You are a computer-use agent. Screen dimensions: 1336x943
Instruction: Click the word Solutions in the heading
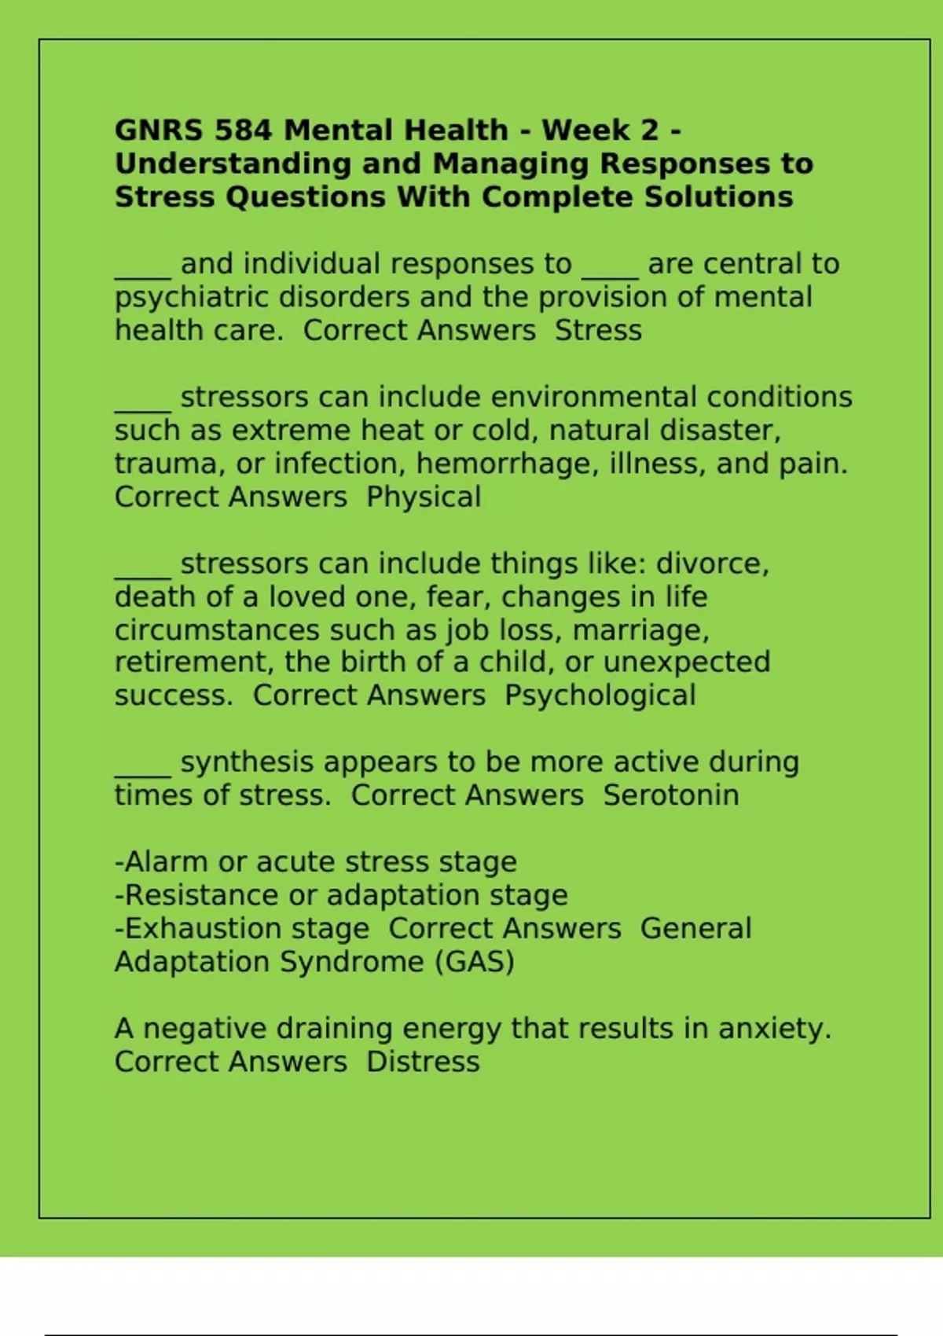(x=718, y=196)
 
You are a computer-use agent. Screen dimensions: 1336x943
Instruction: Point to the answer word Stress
(x=598, y=331)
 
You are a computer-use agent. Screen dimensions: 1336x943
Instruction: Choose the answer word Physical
(x=424, y=497)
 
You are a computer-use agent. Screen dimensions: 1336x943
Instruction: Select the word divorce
(x=712, y=564)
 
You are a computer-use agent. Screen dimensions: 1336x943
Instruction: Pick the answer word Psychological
(x=600, y=696)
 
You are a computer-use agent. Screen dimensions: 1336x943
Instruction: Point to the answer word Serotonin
(x=671, y=795)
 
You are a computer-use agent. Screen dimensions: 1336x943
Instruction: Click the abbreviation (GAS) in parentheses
(x=475, y=962)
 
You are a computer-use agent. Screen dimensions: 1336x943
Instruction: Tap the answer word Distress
(x=423, y=1062)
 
